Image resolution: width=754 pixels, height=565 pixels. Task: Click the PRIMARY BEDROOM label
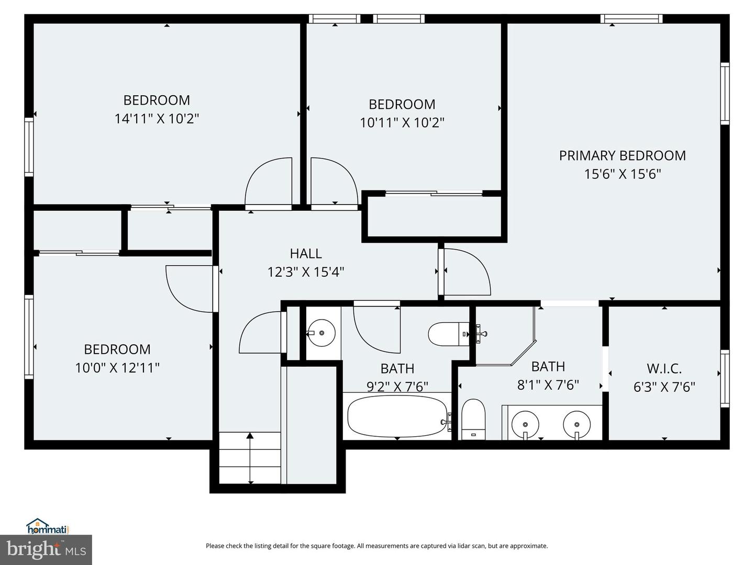(622, 155)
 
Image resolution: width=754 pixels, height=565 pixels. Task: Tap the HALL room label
(306, 254)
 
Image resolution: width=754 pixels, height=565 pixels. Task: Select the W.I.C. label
(664, 369)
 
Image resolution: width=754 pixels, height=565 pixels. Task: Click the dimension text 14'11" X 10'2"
(157, 119)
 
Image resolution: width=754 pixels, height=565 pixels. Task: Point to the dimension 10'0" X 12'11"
(117, 368)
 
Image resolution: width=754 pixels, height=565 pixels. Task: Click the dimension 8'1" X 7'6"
(548, 385)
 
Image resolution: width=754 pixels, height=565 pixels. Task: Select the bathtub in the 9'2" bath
(397, 416)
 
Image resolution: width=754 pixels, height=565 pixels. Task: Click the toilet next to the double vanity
(473, 419)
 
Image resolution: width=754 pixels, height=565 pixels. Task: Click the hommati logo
(48, 526)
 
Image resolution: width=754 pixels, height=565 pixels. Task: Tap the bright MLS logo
(46, 549)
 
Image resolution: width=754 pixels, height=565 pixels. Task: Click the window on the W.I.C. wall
(725, 379)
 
